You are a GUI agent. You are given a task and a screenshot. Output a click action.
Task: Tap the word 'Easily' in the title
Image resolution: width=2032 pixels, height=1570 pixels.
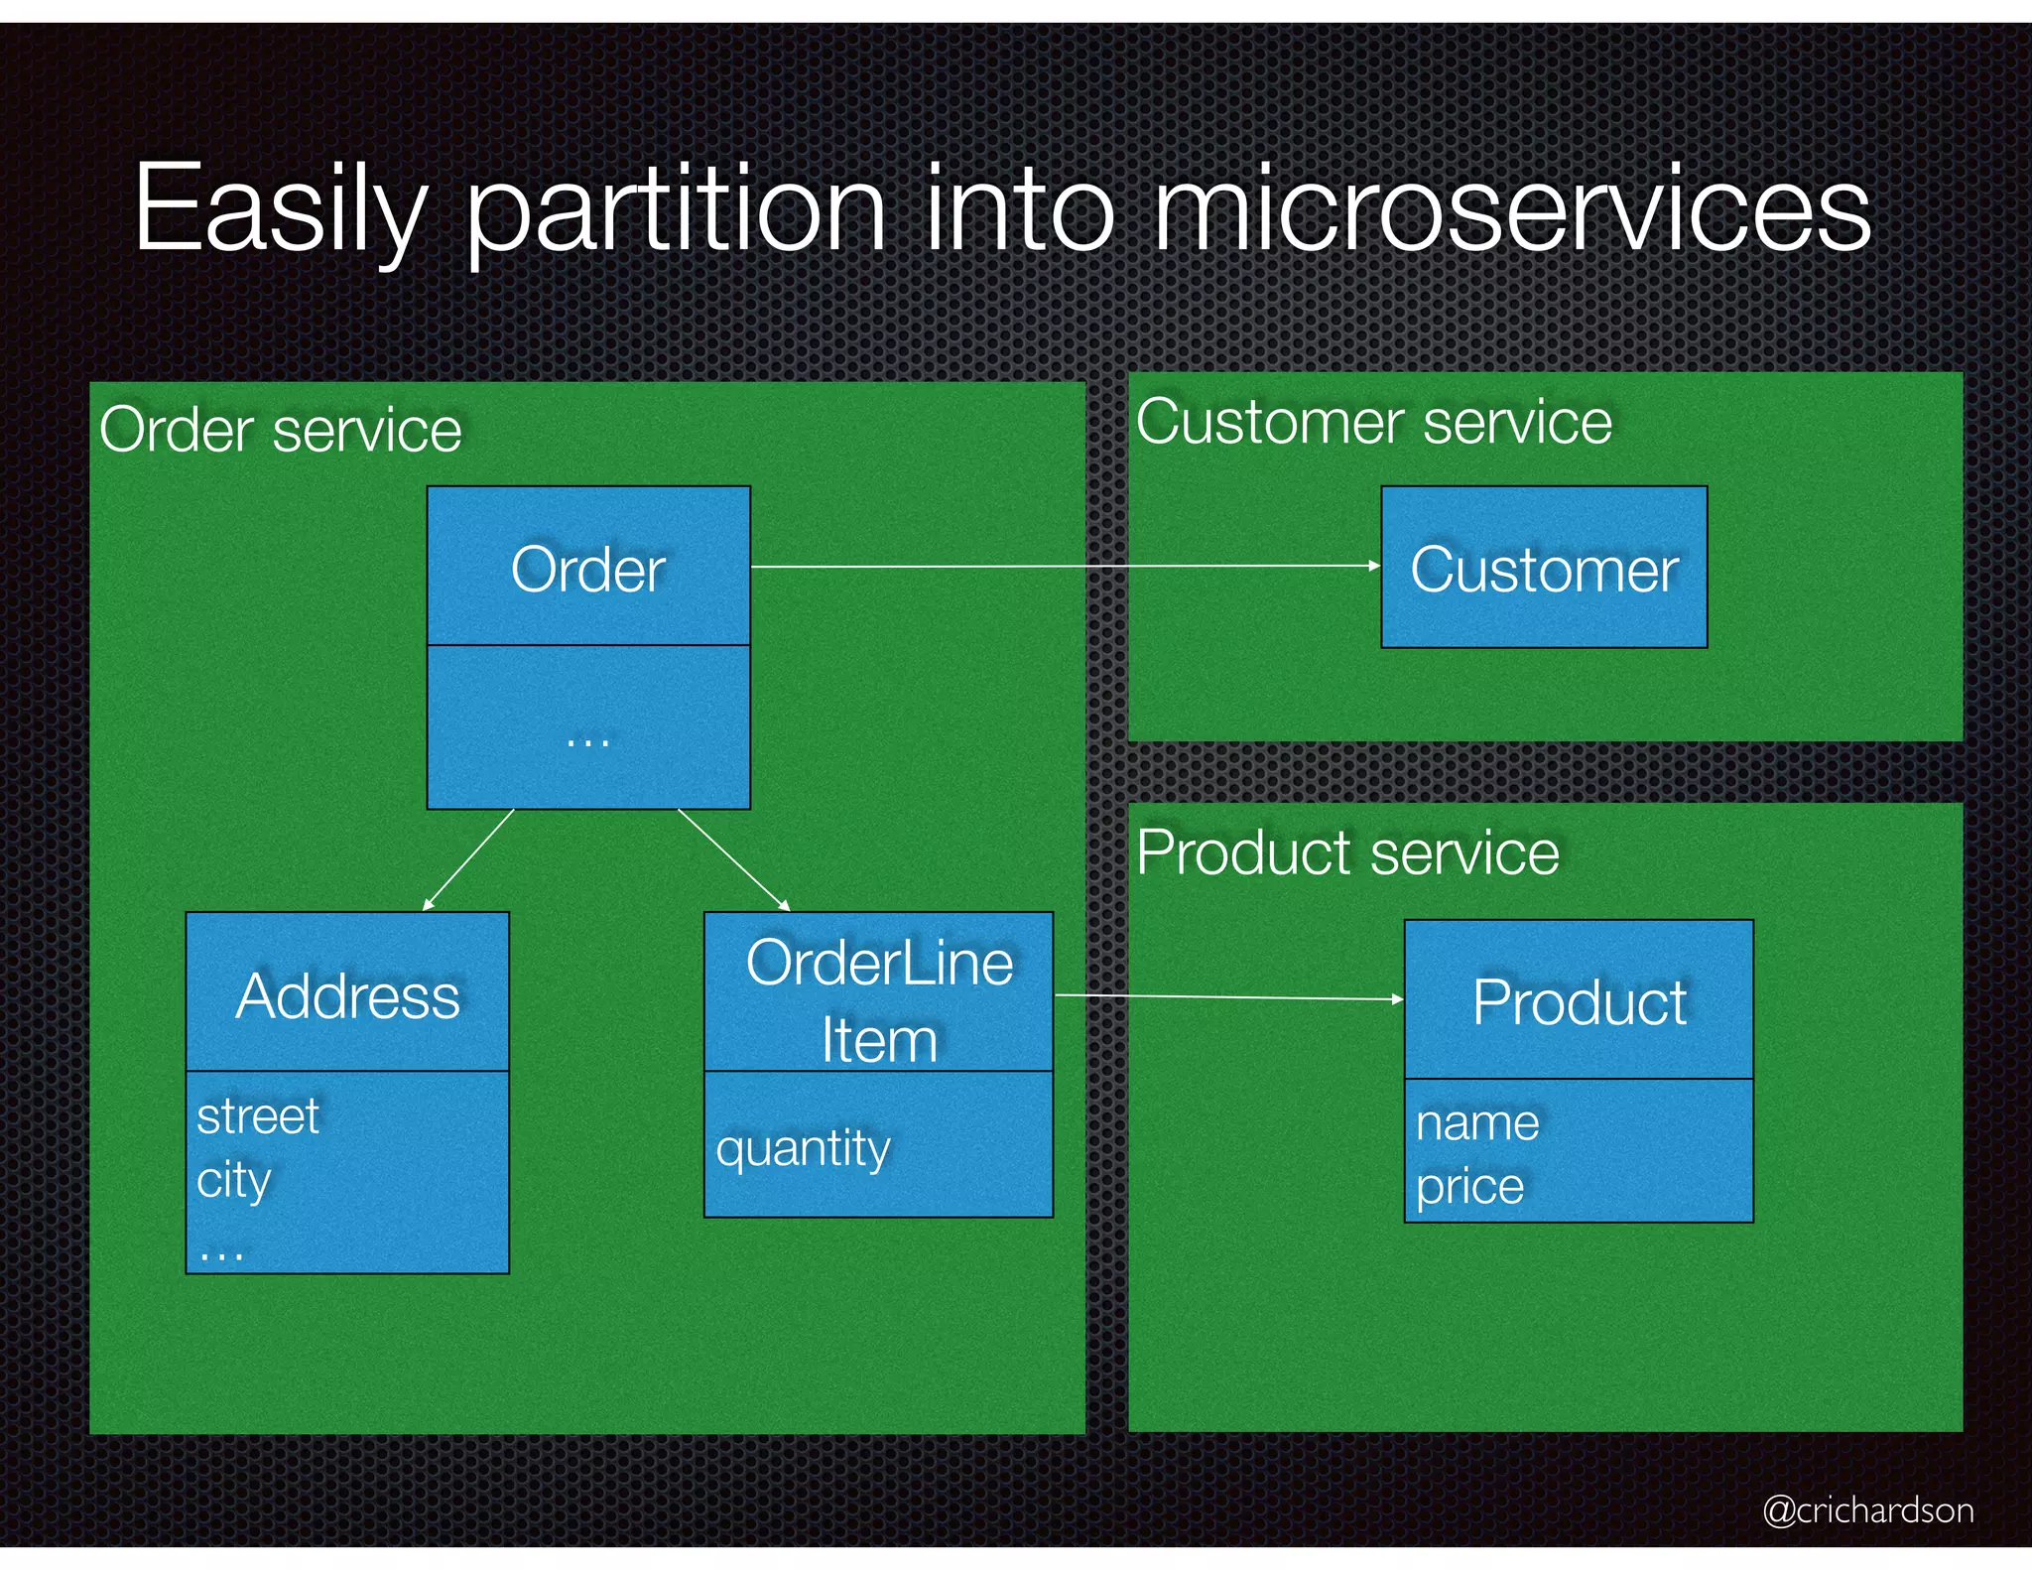tap(281, 210)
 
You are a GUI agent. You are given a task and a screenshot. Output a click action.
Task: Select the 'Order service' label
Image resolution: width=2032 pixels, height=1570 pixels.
tap(281, 431)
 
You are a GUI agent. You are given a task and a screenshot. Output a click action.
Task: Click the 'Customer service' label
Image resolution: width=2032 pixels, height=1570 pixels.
tap(1374, 423)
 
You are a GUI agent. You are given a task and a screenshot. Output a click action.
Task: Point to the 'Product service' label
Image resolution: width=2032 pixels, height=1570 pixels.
tap(1347, 853)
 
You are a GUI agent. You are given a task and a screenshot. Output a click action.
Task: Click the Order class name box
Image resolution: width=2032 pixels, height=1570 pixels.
tap(588, 569)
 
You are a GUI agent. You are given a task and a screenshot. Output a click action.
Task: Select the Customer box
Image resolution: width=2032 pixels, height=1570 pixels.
tap(1544, 569)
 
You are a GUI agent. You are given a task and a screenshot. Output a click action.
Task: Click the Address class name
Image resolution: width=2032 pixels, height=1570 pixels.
tap(348, 995)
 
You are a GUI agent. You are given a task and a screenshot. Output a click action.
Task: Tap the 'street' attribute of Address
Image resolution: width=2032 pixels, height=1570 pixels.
tap(258, 1116)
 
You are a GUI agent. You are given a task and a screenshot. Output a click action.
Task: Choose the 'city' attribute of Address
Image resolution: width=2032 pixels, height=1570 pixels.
tap(234, 1181)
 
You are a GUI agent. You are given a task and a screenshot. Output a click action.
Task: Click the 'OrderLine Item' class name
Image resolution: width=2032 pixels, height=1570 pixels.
tap(879, 1000)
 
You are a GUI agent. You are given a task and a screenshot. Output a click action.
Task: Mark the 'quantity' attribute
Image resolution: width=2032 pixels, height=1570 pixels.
tap(804, 1149)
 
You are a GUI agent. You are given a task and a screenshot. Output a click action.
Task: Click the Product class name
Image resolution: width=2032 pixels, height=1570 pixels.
tap(1579, 1002)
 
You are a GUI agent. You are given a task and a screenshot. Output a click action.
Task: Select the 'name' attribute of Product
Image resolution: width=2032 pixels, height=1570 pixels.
tap(1477, 1123)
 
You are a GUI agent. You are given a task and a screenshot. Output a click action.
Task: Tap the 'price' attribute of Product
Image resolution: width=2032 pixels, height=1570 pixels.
tap(1469, 1187)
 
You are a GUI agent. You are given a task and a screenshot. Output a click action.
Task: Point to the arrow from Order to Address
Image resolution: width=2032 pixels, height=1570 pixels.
tap(468, 859)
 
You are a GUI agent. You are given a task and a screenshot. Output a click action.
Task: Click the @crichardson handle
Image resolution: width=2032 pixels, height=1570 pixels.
tap(1867, 1509)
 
